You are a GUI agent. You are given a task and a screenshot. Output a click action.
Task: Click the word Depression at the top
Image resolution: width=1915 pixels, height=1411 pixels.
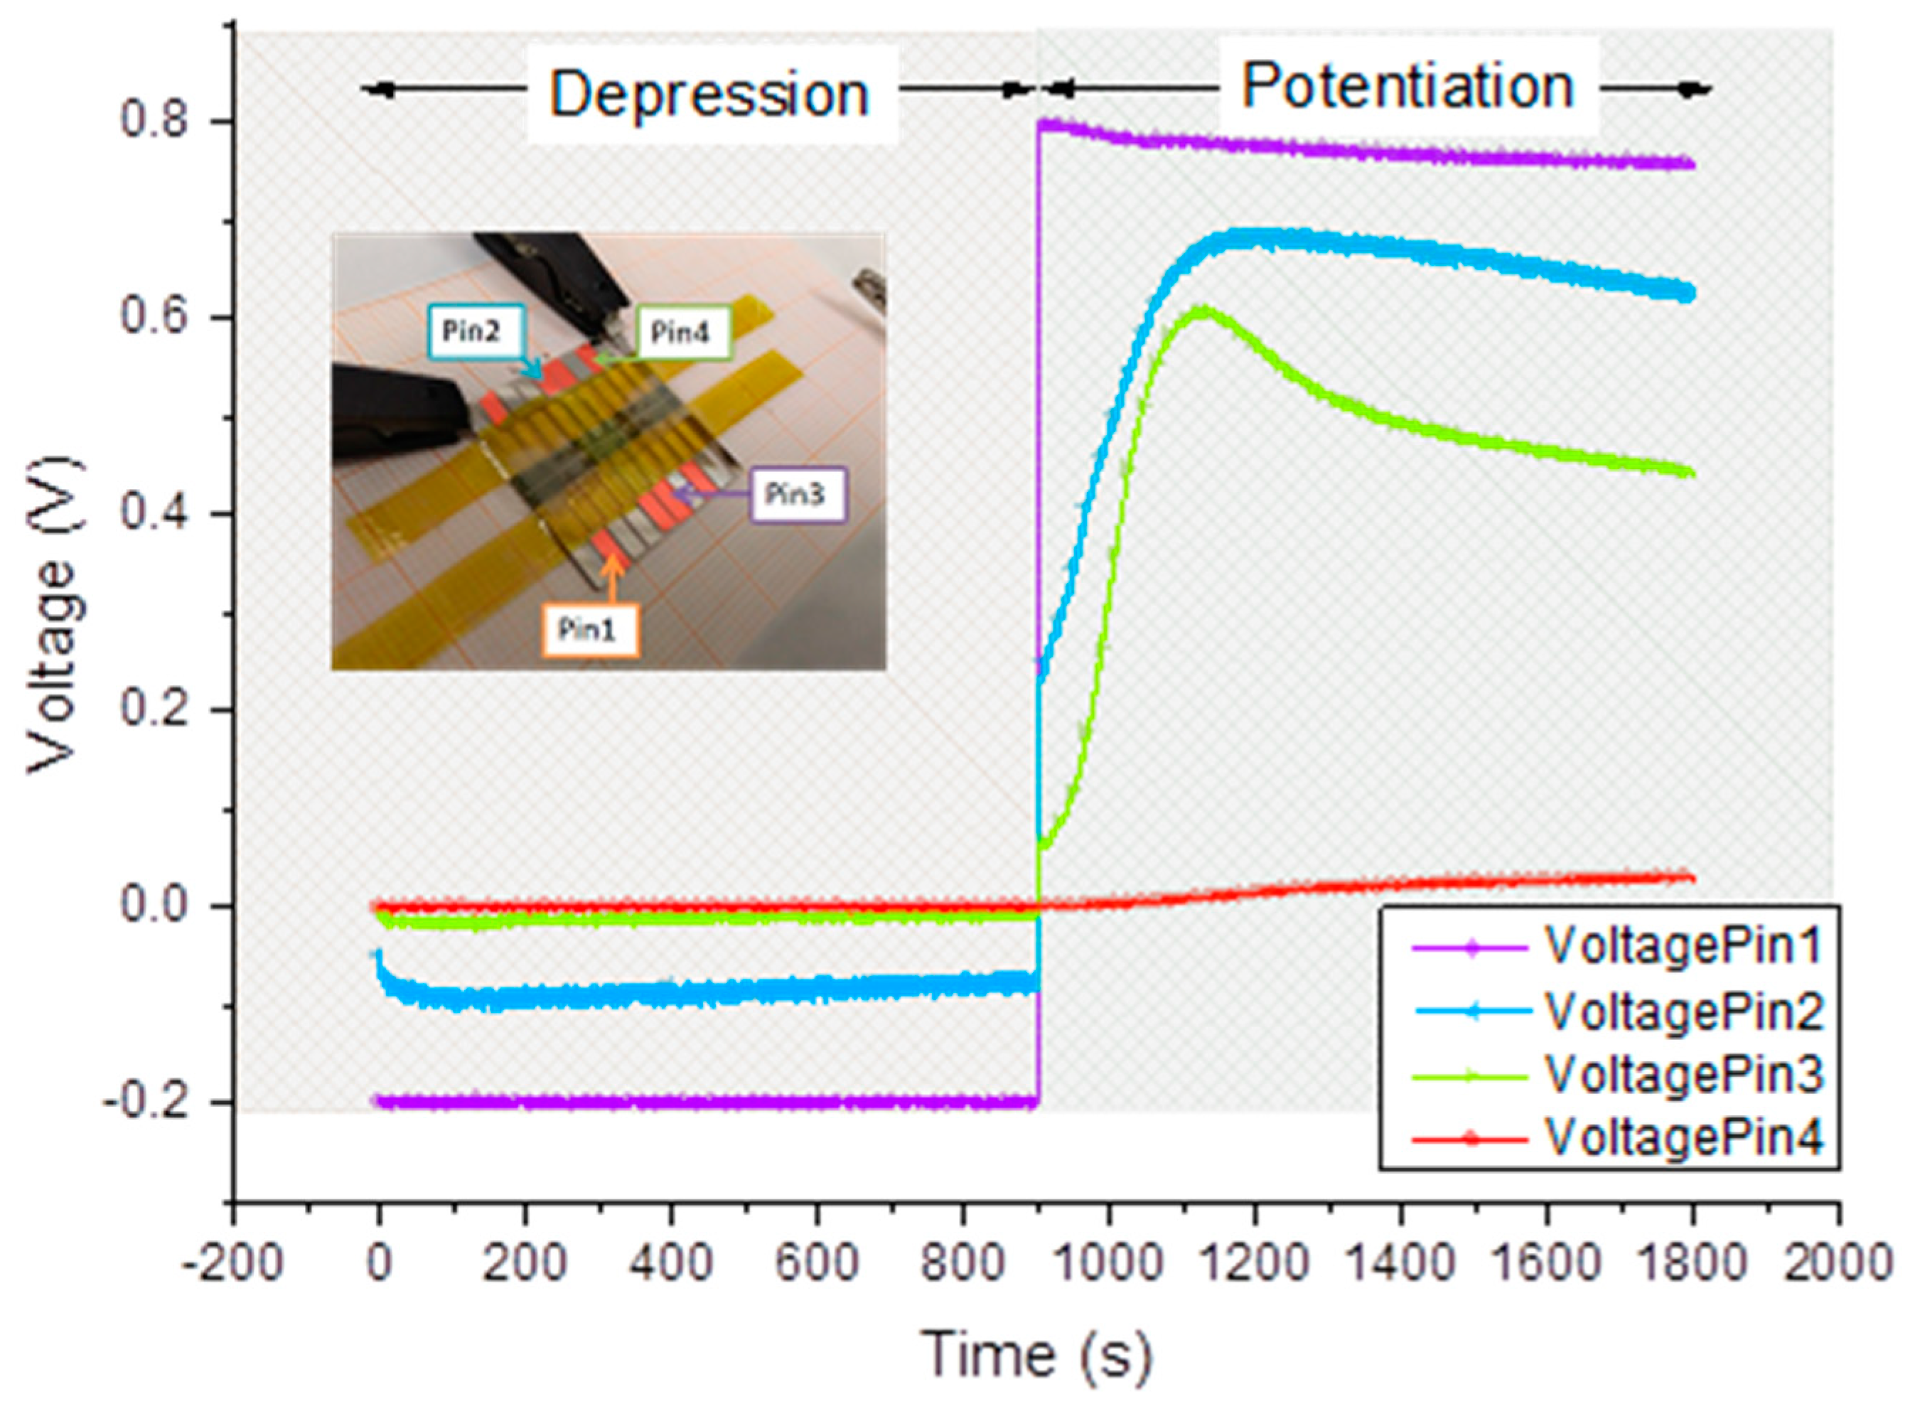tap(708, 94)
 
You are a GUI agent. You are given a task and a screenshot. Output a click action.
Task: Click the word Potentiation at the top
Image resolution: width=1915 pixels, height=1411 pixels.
tap(1407, 87)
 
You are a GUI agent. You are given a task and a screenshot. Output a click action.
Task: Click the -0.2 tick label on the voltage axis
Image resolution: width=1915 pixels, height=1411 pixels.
tap(145, 1102)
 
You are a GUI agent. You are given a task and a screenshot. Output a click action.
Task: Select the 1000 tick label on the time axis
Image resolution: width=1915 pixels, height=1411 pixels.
tap(1109, 1262)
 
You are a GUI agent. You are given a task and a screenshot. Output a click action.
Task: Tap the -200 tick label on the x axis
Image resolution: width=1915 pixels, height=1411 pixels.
tap(232, 1262)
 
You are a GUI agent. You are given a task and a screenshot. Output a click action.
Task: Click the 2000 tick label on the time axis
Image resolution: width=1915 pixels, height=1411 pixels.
tap(1838, 1262)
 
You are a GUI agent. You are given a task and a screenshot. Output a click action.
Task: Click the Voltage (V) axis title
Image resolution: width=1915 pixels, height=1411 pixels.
tap(56, 615)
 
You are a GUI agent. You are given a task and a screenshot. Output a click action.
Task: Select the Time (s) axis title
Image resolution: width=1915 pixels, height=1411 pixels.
tap(1035, 1355)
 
